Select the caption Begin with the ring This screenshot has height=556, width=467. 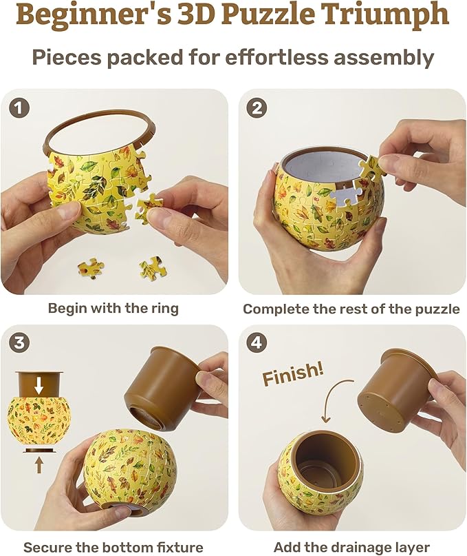tap(113, 308)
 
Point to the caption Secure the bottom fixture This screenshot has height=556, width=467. tap(113, 547)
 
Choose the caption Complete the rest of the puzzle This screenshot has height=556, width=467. tap(351, 309)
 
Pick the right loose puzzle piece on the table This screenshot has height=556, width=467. tap(153, 268)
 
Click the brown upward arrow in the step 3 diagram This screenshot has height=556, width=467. tap(39, 464)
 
